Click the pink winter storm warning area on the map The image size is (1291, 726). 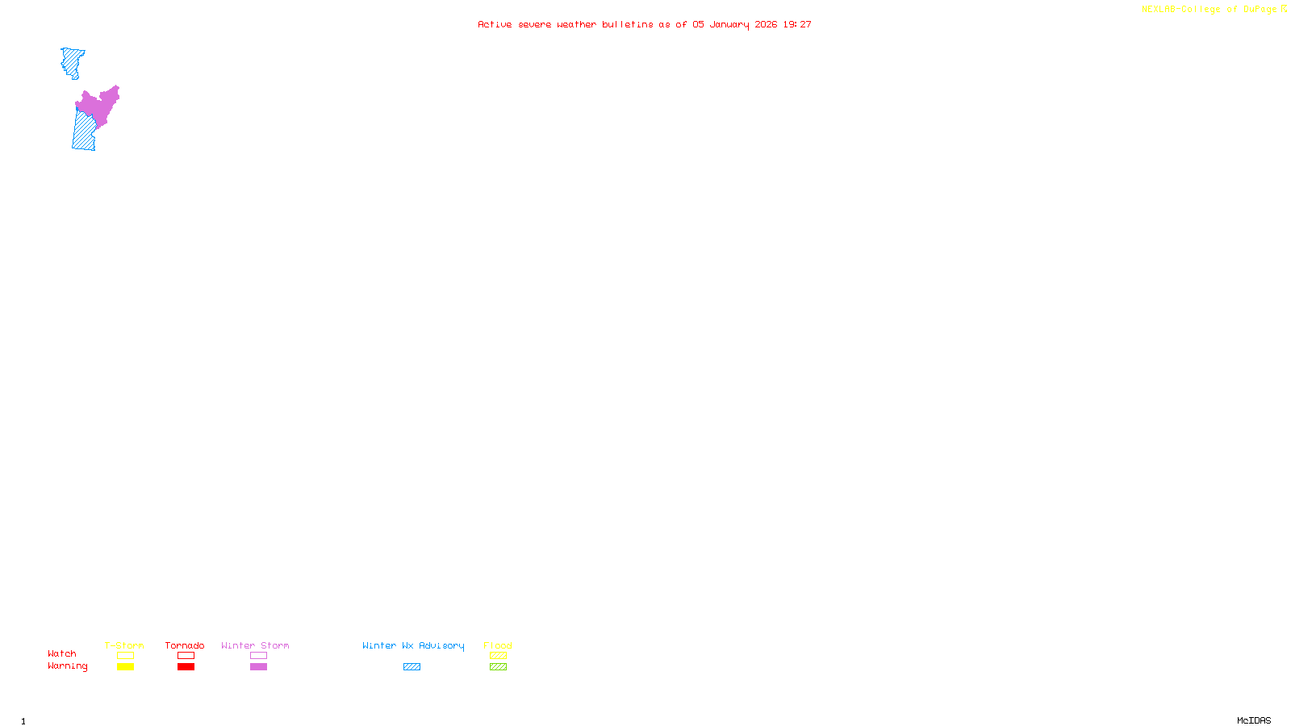pyautogui.click(x=98, y=106)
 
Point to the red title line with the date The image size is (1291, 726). pyautogui.click(x=645, y=25)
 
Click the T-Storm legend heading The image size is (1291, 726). pyautogui.click(x=124, y=645)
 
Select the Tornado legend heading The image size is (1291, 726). pyautogui.click(x=185, y=645)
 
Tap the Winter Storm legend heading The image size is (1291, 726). pyautogui.click(x=255, y=645)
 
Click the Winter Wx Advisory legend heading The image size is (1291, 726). pyautogui.click(x=413, y=645)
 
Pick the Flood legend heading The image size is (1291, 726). pyautogui.click(x=498, y=645)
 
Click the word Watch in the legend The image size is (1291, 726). pyautogui.click(x=62, y=653)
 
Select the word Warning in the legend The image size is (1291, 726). pyautogui.click(x=68, y=666)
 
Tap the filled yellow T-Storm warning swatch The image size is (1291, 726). pyautogui.click(x=125, y=667)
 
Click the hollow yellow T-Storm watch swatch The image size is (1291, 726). pyautogui.click(x=125, y=656)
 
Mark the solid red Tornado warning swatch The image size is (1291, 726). pyautogui.click(x=186, y=667)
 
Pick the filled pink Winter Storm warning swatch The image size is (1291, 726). pyautogui.click(x=258, y=667)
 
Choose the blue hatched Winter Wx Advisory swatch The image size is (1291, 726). pyautogui.click(x=412, y=667)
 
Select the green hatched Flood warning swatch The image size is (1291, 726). pyautogui.click(x=498, y=667)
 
